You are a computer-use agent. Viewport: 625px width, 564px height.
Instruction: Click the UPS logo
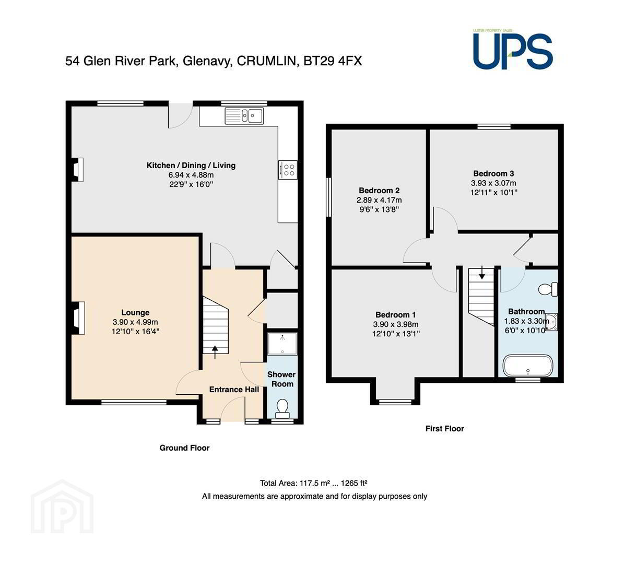tap(513, 50)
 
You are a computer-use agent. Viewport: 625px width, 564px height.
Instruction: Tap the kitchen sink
tap(244, 116)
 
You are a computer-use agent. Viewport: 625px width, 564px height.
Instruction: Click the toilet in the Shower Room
tap(282, 408)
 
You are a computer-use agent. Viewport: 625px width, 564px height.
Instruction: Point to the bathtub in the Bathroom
tap(528, 366)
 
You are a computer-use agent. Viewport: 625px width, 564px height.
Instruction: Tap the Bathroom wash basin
tap(552, 322)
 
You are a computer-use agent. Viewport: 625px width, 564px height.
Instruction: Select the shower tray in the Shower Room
tap(282, 344)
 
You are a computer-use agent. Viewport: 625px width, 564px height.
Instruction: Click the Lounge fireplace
tap(78, 318)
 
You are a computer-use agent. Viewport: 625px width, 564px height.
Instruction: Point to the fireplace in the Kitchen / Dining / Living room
tap(77, 169)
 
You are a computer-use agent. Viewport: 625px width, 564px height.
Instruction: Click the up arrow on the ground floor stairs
tap(215, 352)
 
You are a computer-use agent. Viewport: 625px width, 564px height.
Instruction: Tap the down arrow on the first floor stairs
tap(482, 273)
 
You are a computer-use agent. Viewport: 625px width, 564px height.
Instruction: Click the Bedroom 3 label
tap(493, 173)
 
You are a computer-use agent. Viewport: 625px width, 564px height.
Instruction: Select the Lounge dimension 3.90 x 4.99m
tap(135, 322)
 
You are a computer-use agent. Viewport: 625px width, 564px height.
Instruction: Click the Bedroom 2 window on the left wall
tap(329, 197)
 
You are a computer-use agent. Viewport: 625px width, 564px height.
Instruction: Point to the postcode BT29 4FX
tap(333, 61)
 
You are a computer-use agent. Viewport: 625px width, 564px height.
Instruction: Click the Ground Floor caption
tap(184, 448)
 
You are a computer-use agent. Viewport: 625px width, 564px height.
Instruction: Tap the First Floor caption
tap(445, 428)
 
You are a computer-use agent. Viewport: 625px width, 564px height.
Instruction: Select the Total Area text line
tap(313, 483)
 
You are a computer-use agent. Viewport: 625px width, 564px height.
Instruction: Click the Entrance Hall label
tap(234, 390)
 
